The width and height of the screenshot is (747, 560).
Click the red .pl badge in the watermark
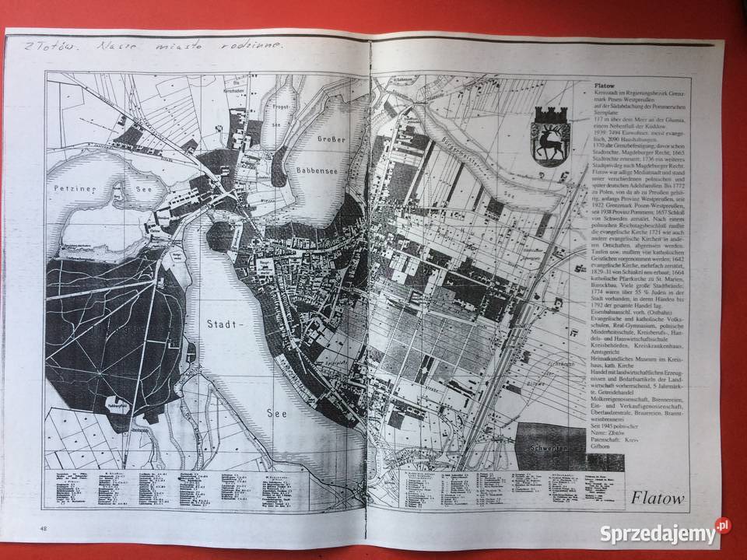(724, 526)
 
